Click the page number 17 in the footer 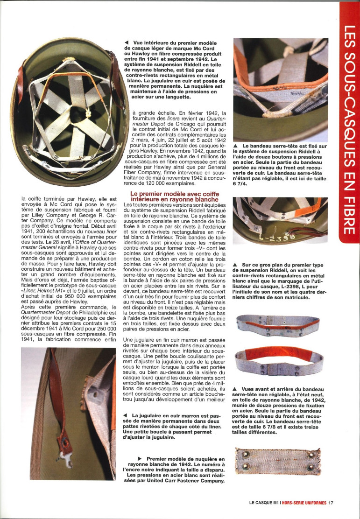(x=330, y=503)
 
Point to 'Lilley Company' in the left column (x=41, y=225)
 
